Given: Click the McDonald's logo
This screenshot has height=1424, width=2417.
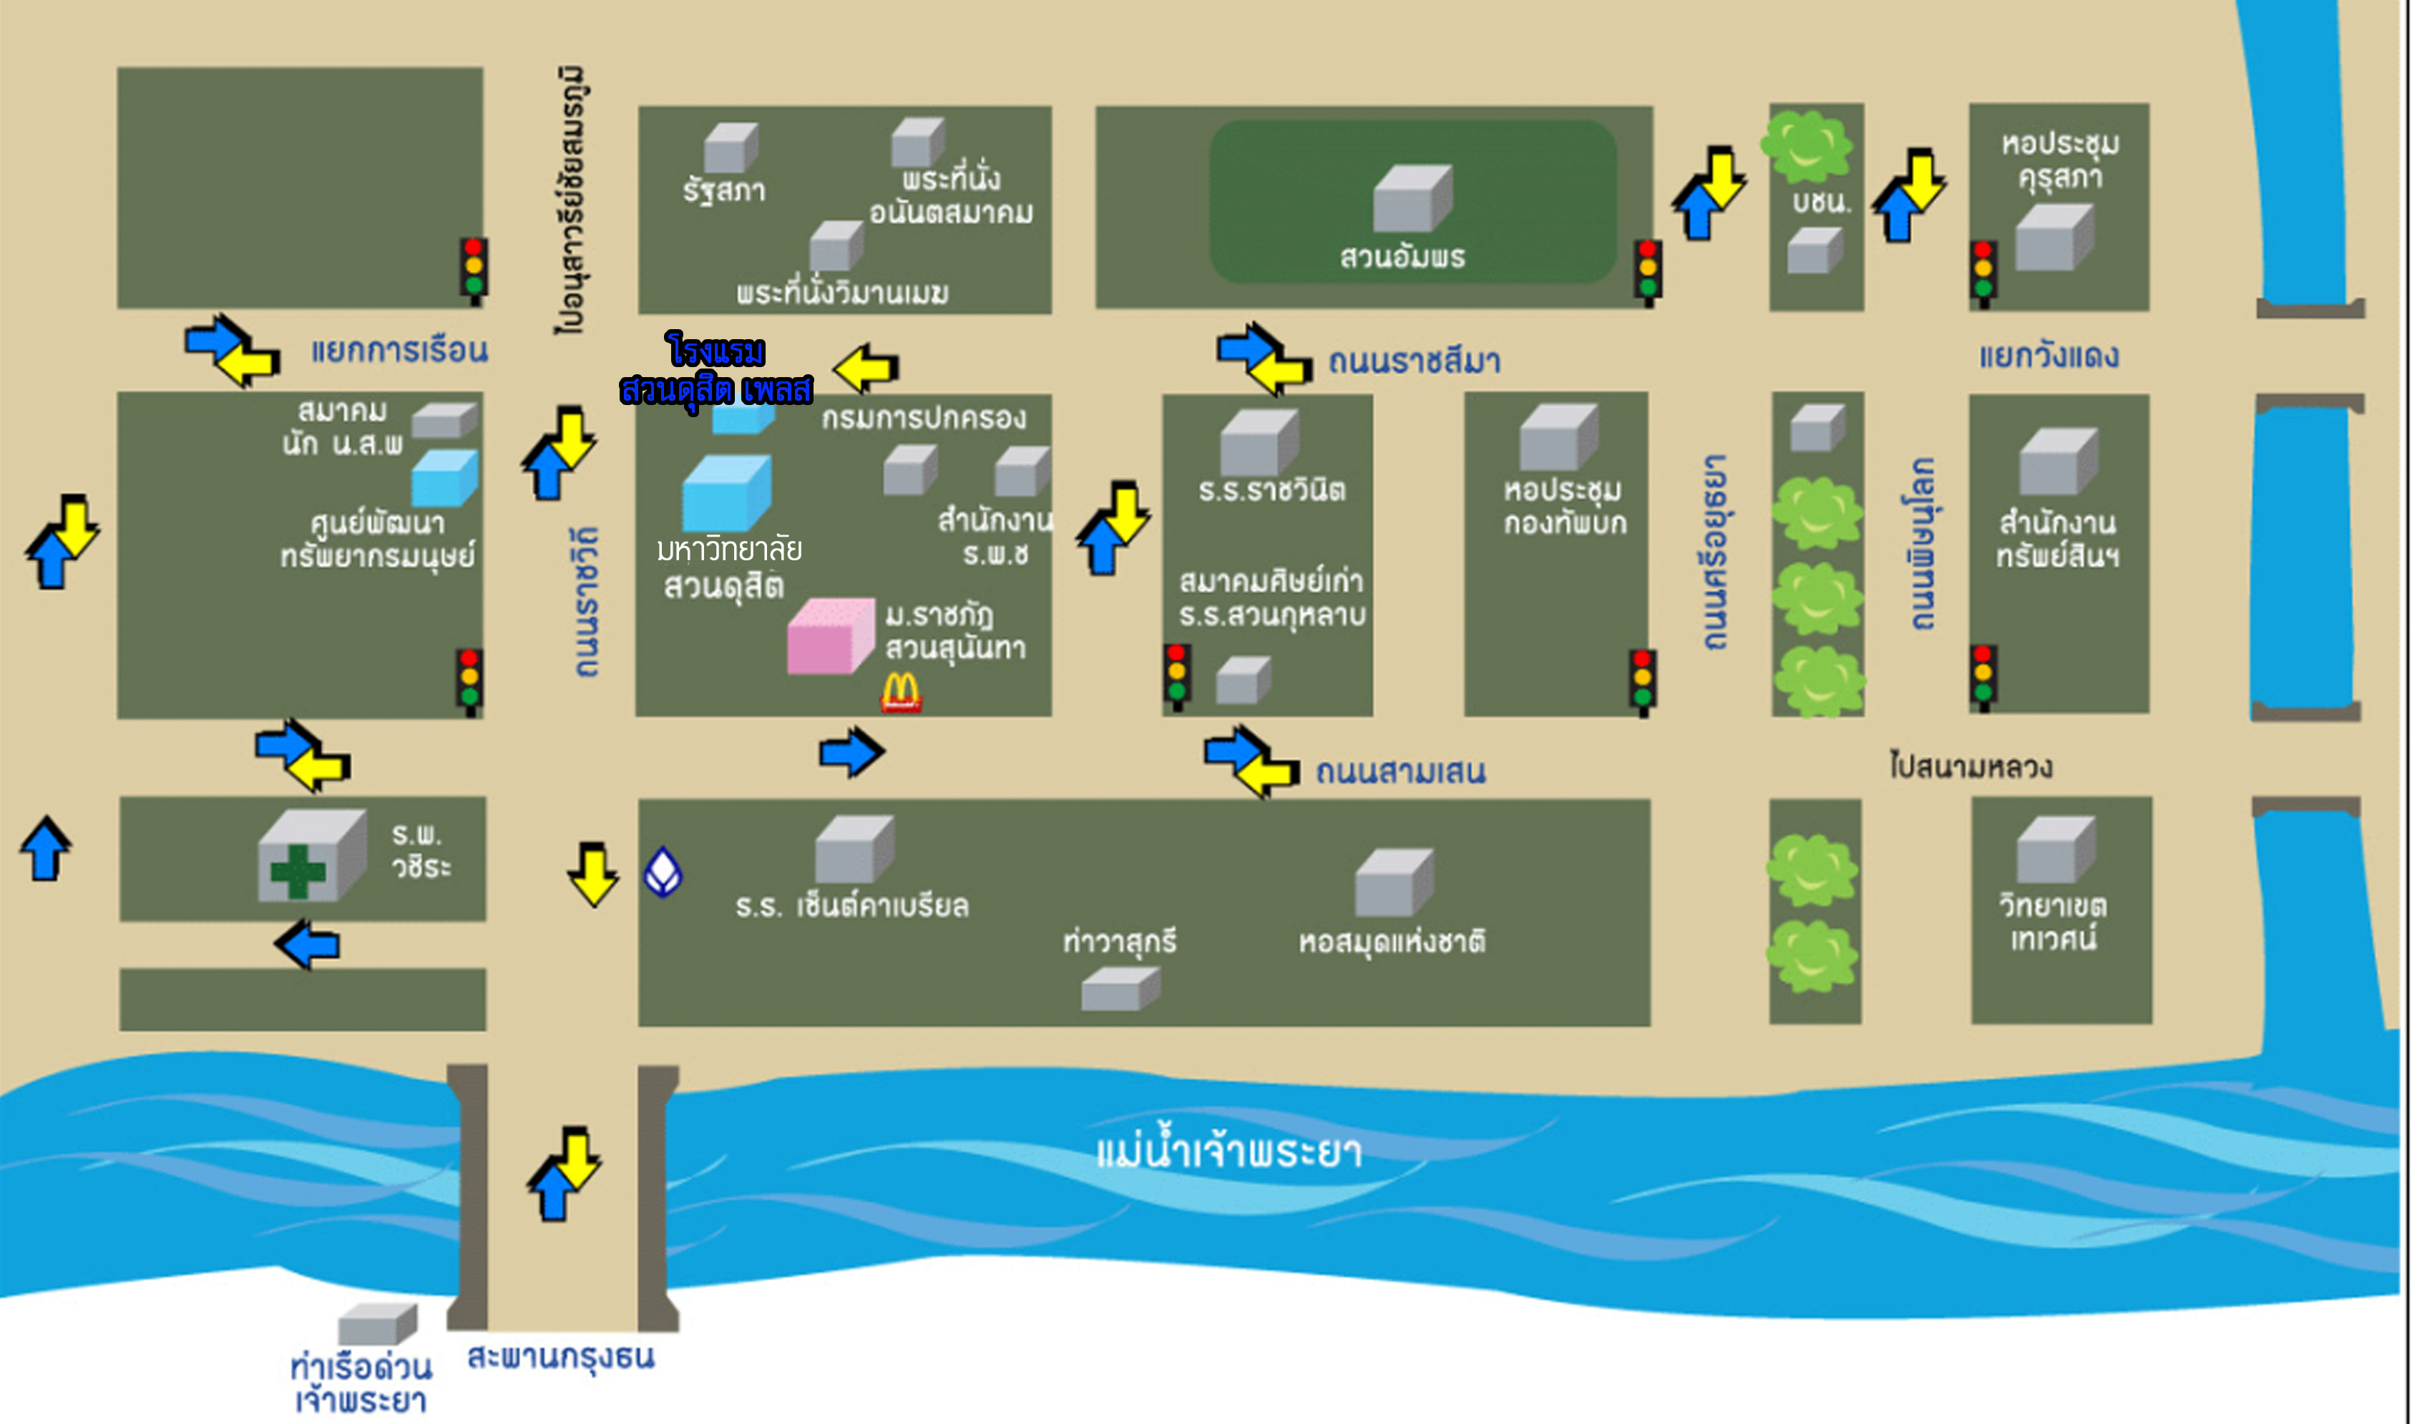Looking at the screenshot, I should [900, 692].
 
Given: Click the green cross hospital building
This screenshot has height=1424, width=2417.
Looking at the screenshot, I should [309, 857].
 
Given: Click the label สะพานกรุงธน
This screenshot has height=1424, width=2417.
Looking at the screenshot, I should [560, 1357].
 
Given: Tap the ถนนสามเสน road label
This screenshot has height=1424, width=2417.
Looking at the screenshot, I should [1400, 771].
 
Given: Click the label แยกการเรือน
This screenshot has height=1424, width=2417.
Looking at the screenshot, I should [399, 350].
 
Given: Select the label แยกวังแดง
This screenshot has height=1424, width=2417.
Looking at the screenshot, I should [2049, 356].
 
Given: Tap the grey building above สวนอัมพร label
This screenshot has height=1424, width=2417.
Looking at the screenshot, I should [1412, 197].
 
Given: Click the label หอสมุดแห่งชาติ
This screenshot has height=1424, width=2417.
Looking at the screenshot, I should [1391, 941].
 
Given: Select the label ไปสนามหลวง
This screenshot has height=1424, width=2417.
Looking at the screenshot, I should [1970, 766].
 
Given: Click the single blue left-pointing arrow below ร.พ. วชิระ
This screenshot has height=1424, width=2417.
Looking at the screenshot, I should [308, 945].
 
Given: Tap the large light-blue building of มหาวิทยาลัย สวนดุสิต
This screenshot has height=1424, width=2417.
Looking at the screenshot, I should [726, 493].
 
